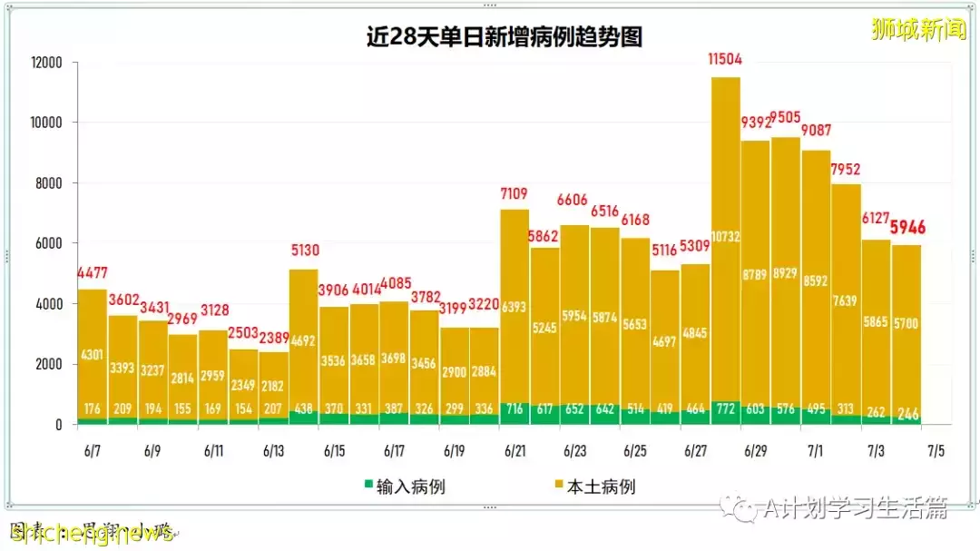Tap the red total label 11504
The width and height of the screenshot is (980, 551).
point(725,60)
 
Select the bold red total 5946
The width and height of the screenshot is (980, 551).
point(907,228)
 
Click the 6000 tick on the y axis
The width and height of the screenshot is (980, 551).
point(47,243)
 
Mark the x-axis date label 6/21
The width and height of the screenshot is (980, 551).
point(514,450)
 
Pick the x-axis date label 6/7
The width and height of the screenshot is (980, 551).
point(93,450)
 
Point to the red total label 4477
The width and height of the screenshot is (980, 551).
point(92,272)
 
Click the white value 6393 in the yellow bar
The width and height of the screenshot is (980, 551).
point(514,308)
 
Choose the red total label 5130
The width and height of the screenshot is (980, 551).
point(304,251)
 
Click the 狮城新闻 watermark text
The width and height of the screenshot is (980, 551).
point(918,30)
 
